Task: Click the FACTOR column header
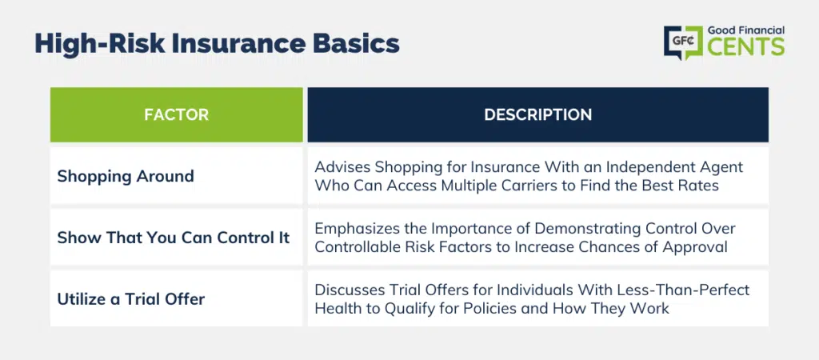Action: click(x=177, y=115)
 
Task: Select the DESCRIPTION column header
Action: click(x=538, y=115)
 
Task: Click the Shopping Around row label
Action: click(x=126, y=176)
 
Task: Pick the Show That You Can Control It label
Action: click(x=174, y=238)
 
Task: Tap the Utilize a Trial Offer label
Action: click(x=131, y=299)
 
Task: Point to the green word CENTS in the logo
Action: click(x=746, y=46)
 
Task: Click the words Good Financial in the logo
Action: click(x=746, y=30)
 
